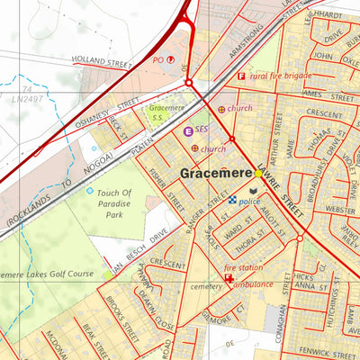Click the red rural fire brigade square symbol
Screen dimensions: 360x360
point(240,76)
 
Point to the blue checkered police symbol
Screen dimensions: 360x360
point(232,201)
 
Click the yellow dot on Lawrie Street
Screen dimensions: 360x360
point(258,173)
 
